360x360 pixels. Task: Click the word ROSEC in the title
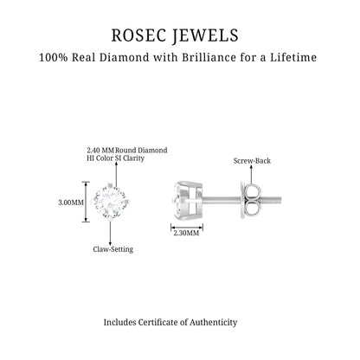pos(138,35)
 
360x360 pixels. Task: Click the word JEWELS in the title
pos(206,35)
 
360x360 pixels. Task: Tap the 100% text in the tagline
pos(54,57)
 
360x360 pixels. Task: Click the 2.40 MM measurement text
pos(100,151)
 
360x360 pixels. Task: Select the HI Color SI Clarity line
pos(115,158)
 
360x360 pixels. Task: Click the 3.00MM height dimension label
pos(71,202)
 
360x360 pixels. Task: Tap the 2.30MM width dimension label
pos(186,233)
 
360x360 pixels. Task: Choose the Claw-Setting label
pos(113,249)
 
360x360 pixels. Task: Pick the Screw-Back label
pos(252,161)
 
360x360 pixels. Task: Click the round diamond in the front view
pos(111,202)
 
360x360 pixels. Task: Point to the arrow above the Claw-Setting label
pos(110,233)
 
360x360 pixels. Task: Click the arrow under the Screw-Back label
pos(251,175)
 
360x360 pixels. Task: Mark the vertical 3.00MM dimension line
pos(86,202)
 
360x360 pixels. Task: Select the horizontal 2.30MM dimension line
pos(187,228)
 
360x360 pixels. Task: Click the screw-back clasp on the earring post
pos(250,200)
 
